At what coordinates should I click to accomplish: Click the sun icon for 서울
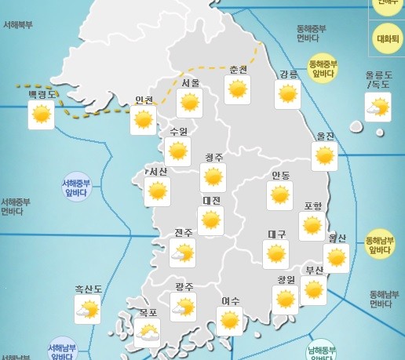coord(189,103)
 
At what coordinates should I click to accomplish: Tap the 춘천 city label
coord(238,69)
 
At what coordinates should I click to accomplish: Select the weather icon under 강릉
coord(288,95)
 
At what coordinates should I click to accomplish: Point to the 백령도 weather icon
coord(41,115)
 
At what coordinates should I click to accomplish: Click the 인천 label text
coord(144,100)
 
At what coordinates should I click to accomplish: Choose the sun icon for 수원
coord(179,151)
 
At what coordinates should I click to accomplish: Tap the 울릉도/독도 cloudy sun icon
coord(378,107)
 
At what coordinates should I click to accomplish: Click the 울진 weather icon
coord(325,155)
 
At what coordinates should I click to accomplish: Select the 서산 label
coord(157,171)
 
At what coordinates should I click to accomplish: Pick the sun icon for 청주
coord(213,176)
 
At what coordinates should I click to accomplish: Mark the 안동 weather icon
coord(279,195)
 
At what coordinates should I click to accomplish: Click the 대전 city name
coord(211,201)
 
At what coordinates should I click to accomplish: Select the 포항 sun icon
coord(312,226)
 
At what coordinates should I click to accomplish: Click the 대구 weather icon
coord(275,253)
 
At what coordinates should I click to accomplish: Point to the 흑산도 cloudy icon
coord(86,310)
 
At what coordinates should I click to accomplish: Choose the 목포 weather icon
coord(147,333)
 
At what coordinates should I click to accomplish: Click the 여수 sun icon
coord(229,320)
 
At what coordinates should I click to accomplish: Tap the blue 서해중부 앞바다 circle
coord(76,188)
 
